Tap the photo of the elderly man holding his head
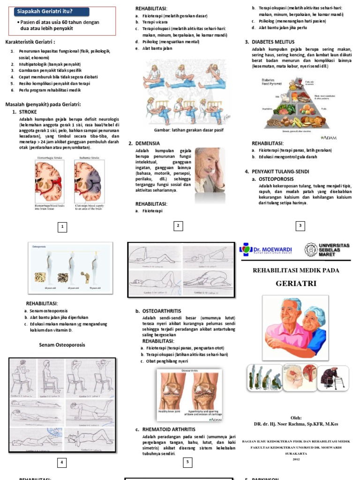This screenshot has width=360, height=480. coord(210,169)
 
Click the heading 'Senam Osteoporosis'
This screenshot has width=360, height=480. coord(62,345)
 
